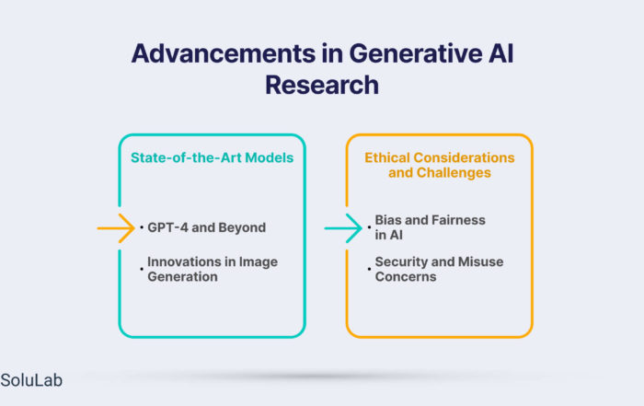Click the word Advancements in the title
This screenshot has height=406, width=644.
click(x=224, y=53)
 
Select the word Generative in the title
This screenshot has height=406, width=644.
click(x=416, y=53)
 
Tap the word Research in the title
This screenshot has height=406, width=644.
click(x=322, y=85)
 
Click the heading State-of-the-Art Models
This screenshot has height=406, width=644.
click(x=212, y=157)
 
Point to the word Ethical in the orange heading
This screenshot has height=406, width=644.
click(x=387, y=157)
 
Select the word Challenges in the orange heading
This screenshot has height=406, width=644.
click(x=454, y=173)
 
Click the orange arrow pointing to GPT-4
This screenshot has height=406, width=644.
click(x=116, y=228)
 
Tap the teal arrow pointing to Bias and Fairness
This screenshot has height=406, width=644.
click(x=343, y=228)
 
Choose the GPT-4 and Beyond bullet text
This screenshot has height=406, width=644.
click(x=207, y=227)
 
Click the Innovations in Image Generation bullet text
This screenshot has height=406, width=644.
click(x=213, y=269)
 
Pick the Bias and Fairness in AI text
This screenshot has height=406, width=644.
click(x=430, y=227)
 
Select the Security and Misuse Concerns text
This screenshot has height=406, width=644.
click(x=439, y=269)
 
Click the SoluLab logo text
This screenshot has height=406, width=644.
click(x=31, y=380)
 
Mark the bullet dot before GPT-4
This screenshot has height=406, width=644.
click(x=142, y=227)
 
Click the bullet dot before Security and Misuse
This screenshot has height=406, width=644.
click(x=369, y=269)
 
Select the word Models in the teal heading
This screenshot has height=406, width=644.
click(x=270, y=157)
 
